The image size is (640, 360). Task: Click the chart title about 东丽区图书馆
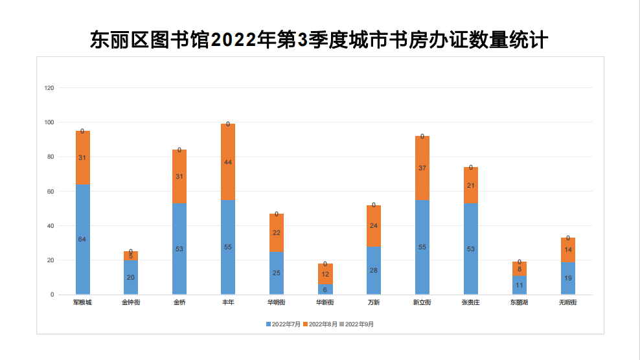tap(319, 40)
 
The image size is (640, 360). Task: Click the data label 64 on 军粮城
tap(82, 240)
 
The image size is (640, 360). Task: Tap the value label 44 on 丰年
tap(228, 163)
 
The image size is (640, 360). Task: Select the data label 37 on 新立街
tap(422, 168)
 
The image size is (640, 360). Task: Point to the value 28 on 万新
tap(374, 271)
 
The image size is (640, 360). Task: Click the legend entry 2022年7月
tap(283, 324)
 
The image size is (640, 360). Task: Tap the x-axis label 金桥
tap(179, 302)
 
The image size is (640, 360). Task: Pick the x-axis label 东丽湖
tap(519, 302)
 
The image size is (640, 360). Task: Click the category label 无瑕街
tap(567, 302)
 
